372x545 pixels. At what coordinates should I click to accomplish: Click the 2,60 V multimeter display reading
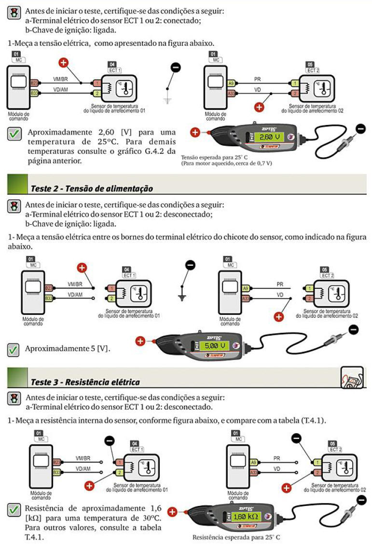pyautogui.click(x=270, y=137)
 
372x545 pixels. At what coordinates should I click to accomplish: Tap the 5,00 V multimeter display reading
pyautogui.click(x=215, y=346)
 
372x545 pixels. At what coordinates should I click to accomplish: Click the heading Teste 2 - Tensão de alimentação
pyautogui.click(x=92, y=189)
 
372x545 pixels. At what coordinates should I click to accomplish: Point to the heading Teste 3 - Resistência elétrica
pyautogui.click(x=85, y=382)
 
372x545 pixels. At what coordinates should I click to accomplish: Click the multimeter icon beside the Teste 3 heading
pyautogui.click(x=352, y=377)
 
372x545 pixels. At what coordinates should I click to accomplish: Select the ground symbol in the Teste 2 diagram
pyautogui.click(x=182, y=298)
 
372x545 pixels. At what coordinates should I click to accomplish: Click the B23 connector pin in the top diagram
pyautogui.click(x=34, y=83)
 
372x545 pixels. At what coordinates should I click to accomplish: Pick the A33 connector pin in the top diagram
pyautogui.click(x=231, y=94)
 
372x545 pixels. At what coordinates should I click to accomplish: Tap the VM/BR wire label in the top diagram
pyautogui.click(x=60, y=79)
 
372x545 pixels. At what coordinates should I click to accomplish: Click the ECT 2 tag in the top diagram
pyautogui.click(x=313, y=70)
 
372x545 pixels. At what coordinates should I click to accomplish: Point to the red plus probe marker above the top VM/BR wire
pyautogui.click(x=63, y=63)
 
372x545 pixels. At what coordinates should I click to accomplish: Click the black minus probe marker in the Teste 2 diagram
pyautogui.click(x=191, y=265)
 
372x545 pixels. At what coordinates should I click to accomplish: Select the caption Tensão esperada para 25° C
pyautogui.click(x=214, y=157)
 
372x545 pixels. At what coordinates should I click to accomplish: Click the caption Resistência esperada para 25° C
pyautogui.click(x=236, y=537)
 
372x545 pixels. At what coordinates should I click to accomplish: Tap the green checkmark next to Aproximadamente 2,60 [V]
pyautogui.click(x=14, y=134)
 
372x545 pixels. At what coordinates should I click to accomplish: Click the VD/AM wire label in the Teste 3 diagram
pyautogui.click(x=83, y=469)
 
